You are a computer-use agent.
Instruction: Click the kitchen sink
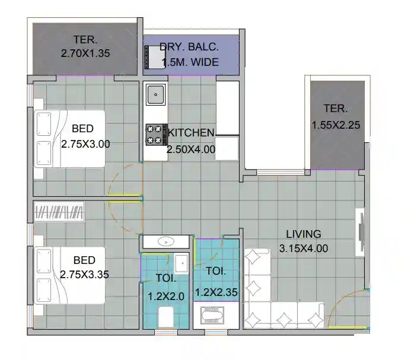pos(156,94)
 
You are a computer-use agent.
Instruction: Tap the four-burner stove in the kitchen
pos(155,134)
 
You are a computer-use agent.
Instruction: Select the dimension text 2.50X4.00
pos(191,149)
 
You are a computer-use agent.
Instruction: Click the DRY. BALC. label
pos(189,47)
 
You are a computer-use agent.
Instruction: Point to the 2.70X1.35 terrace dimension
pos(85,53)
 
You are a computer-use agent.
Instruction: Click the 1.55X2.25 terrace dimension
pos(336,125)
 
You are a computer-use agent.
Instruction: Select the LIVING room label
pos(303,234)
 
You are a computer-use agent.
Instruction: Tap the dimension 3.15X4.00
pos(303,249)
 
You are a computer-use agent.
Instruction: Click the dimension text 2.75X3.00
pos(85,144)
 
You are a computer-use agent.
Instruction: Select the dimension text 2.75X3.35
pos(84,275)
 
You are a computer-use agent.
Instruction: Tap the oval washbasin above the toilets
pos(167,241)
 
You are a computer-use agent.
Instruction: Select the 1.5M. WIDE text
pos(189,62)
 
